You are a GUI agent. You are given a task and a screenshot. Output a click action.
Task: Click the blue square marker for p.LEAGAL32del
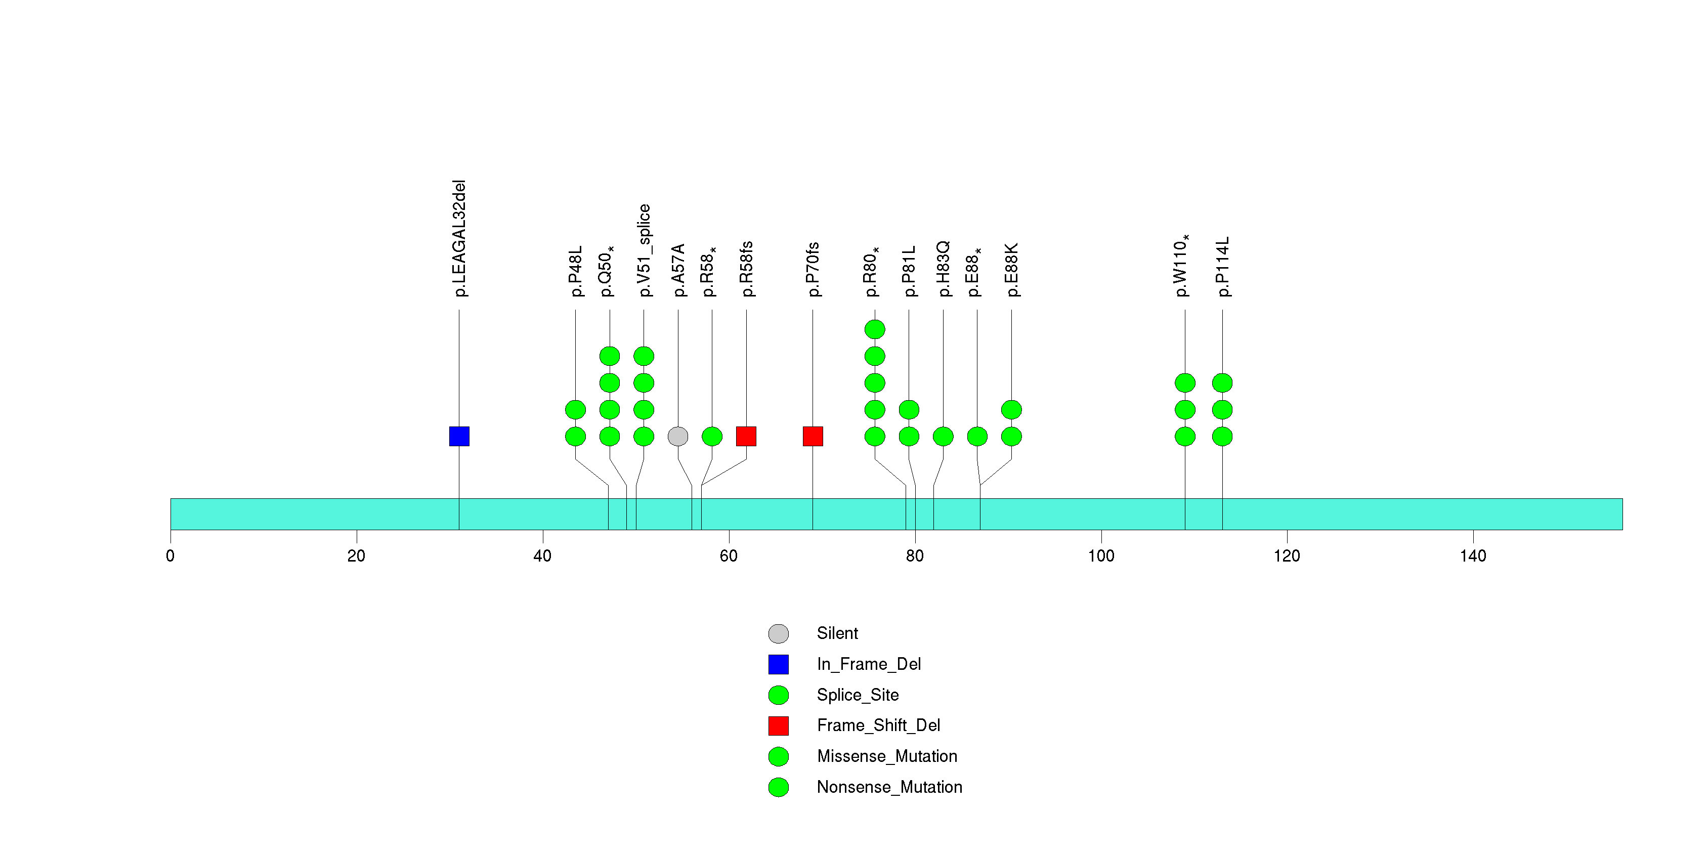pyautogui.click(x=459, y=436)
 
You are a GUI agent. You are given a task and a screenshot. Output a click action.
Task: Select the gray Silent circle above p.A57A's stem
pyautogui.click(x=677, y=436)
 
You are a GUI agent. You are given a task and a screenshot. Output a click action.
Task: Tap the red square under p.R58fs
pyautogui.click(x=746, y=436)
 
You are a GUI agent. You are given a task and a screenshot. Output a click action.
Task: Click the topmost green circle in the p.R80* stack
pyautogui.click(x=875, y=329)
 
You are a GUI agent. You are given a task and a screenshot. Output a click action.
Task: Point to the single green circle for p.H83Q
pyautogui.click(x=943, y=436)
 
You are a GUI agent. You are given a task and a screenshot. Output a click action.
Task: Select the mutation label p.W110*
pyautogui.click(x=1182, y=266)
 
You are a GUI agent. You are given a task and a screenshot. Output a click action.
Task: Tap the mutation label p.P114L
pyautogui.click(x=1223, y=267)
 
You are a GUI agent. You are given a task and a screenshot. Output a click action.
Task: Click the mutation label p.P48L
pyautogui.click(x=576, y=271)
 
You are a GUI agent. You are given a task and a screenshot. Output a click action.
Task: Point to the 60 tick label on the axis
pyautogui.click(x=729, y=555)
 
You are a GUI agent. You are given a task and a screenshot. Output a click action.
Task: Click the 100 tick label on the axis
pyautogui.click(x=1101, y=555)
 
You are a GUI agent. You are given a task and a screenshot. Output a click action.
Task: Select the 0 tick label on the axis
pyautogui.click(x=170, y=555)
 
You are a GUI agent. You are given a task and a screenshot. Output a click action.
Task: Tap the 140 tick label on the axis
pyautogui.click(x=1473, y=555)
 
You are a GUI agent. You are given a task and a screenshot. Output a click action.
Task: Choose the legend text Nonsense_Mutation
pyautogui.click(x=889, y=787)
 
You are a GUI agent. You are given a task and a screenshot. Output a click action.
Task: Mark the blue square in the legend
pyautogui.click(x=779, y=664)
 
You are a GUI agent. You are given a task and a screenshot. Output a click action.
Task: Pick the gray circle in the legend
pyautogui.click(x=779, y=633)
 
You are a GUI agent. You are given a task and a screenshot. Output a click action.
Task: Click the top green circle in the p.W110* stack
pyautogui.click(x=1185, y=382)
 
